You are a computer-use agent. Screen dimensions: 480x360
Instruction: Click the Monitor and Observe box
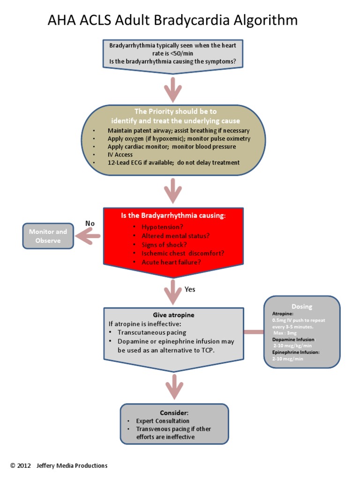48,236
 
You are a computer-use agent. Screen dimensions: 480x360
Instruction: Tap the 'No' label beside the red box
90,224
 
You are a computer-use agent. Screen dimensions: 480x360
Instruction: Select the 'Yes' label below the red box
190,289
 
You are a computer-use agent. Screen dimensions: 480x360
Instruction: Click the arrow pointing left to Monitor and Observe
89,236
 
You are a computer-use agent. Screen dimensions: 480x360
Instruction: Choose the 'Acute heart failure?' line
171,262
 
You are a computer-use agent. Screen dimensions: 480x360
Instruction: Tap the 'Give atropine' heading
173,315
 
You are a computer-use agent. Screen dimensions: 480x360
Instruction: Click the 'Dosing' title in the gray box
301,307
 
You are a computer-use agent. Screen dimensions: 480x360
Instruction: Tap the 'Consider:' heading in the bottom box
174,413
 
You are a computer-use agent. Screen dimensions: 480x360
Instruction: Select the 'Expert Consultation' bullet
163,421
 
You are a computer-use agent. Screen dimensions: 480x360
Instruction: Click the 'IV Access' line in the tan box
120,155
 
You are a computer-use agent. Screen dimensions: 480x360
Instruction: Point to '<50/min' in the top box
173,53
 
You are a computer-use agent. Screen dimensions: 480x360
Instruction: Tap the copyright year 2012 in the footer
24,465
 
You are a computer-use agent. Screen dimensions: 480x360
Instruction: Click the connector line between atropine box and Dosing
254,332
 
